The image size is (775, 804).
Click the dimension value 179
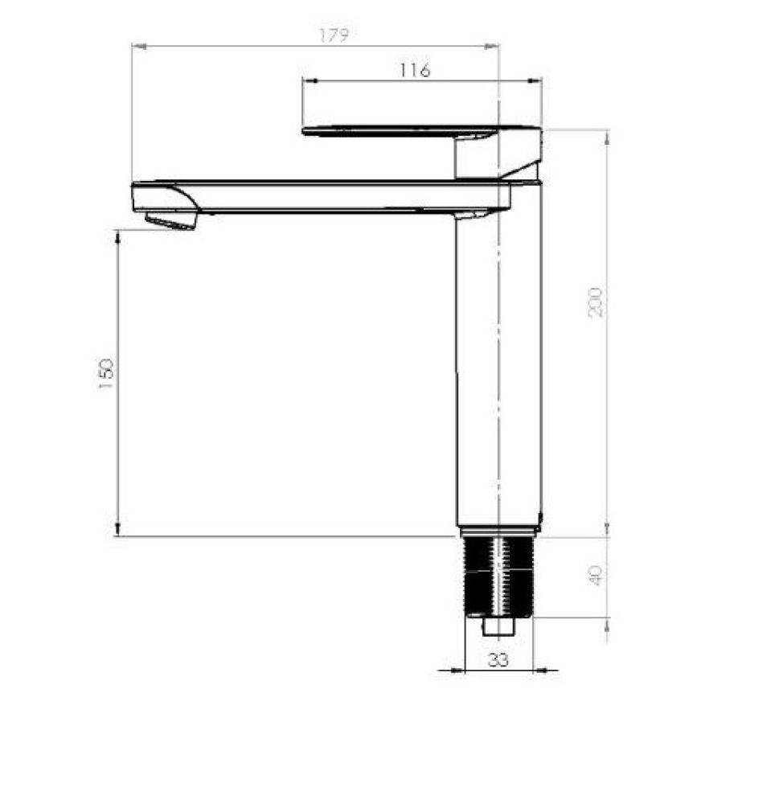(x=333, y=35)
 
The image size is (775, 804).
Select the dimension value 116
(x=415, y=70)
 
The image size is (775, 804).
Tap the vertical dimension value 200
(x=596, y=301)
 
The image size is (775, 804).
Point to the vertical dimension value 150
(x=106, y=375)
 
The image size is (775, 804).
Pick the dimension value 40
(x=596, y=576)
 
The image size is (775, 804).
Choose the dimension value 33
(x=498, y=660)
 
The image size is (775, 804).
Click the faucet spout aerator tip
(x=170, y=221)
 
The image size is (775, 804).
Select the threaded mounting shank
(x=498, y=576)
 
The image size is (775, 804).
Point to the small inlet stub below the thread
(x=498, y=626)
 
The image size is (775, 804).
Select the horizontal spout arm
(x=322, y=197)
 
